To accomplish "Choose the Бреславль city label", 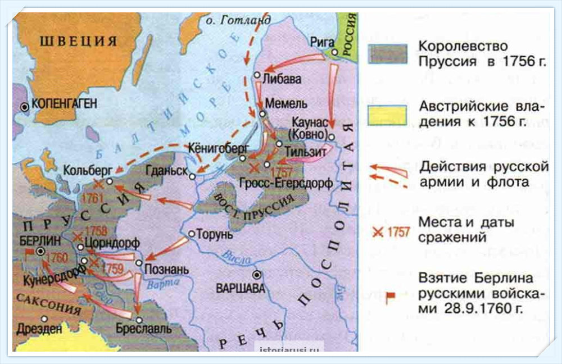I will tap(143, 329).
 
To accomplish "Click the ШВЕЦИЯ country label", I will tap(77, 41).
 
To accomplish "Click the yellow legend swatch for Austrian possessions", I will tap(387, 114).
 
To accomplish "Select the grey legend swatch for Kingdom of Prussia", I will tap(387, 53).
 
